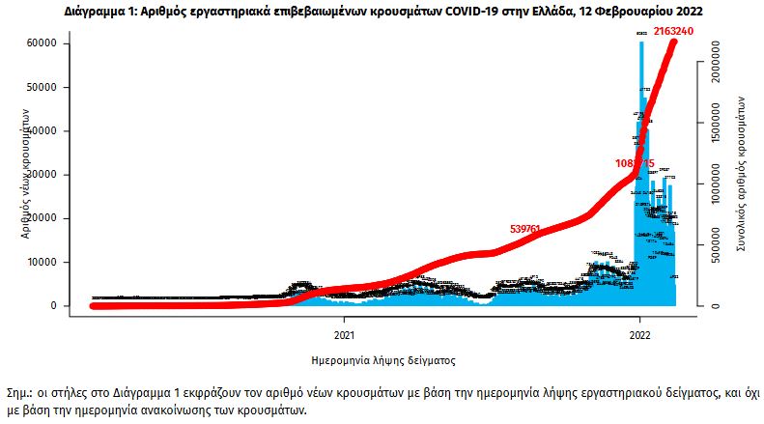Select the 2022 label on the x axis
(x=639, y=336)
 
